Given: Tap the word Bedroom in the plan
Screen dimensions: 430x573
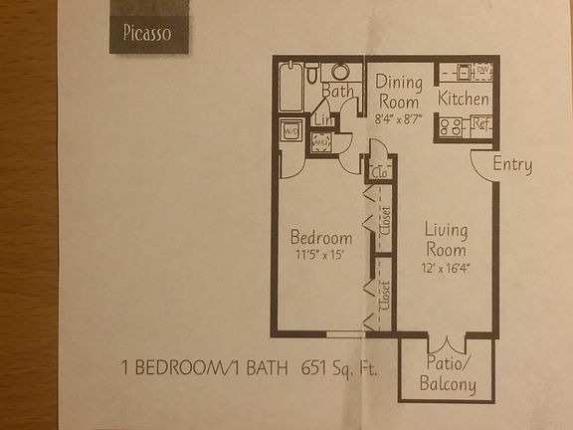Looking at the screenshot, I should (320, 238).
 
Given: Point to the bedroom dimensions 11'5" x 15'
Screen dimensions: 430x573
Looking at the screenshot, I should (320, 256).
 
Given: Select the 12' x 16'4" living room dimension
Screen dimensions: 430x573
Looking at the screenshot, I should (446, 267).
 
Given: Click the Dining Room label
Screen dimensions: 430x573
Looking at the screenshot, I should (399, 92).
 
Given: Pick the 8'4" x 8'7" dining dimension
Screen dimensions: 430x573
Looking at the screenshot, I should (398, 118).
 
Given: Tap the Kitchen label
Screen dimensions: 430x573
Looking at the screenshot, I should (464, 100).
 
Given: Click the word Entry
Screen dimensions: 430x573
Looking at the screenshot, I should (512, 165).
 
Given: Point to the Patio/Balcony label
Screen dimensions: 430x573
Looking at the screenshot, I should (447, 374).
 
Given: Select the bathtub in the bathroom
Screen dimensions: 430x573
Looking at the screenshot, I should (291, 86).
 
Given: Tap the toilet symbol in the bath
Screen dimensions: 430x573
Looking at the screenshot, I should (312, 71).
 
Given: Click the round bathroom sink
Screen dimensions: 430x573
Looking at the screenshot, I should (339, 72).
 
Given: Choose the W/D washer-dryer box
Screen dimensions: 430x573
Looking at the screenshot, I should (292, 130).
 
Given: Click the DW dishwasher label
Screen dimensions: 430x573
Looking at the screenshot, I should (483, 70).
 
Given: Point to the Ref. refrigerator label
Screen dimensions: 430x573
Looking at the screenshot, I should (481, 125).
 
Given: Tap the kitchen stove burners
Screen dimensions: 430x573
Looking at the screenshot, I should (449, 126).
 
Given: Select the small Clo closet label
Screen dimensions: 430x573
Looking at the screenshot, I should (379, 172).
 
